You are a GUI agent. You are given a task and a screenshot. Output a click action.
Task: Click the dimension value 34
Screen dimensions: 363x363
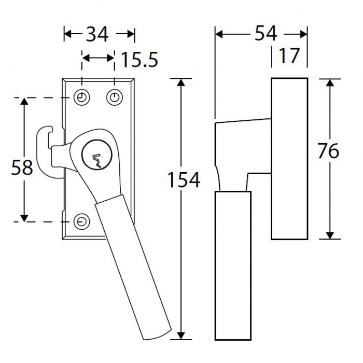coord(97,35)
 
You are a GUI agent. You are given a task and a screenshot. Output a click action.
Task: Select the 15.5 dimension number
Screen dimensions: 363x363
coord(139,60)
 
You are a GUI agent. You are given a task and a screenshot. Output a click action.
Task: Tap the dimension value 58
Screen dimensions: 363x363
coord(22,167)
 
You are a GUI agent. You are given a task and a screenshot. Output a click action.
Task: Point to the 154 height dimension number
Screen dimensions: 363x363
coord(184,180)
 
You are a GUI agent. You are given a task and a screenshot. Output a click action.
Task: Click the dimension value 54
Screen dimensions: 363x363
coord(266,33)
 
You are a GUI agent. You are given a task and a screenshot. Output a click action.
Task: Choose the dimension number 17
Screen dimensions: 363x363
coord(289,56)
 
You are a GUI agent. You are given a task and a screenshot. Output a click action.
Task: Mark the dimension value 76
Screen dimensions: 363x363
coord(328,151)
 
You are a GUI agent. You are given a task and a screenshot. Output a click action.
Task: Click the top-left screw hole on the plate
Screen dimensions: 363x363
coord(82,97)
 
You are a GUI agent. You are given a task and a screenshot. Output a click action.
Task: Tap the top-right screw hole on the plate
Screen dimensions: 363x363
coord(115,97)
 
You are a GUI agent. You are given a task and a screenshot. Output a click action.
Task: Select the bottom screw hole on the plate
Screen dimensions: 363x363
coord(82,221)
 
